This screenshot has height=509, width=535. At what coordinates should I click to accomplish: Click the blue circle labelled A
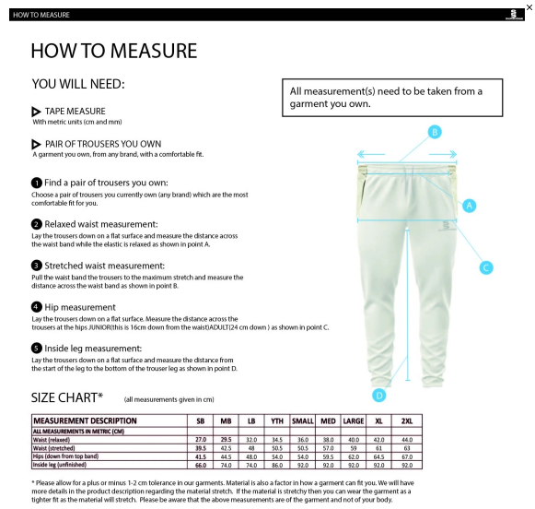tap(469, 206)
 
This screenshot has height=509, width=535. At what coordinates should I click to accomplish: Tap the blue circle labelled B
tap(436, 132)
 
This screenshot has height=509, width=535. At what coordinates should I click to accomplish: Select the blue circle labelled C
tap(487, 267)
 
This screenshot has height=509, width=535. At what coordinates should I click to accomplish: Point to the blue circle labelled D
tap(378, 395)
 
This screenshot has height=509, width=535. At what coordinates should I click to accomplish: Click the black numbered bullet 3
tap(37, 265)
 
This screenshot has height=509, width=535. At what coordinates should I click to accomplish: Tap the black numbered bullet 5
tap(37, 348)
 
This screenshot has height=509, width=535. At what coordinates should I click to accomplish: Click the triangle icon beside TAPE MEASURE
tap(37, 112)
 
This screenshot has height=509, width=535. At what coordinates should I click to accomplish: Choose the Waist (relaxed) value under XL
tap(379, 441)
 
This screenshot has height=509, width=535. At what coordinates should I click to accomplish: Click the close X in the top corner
tap(528, 7)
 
